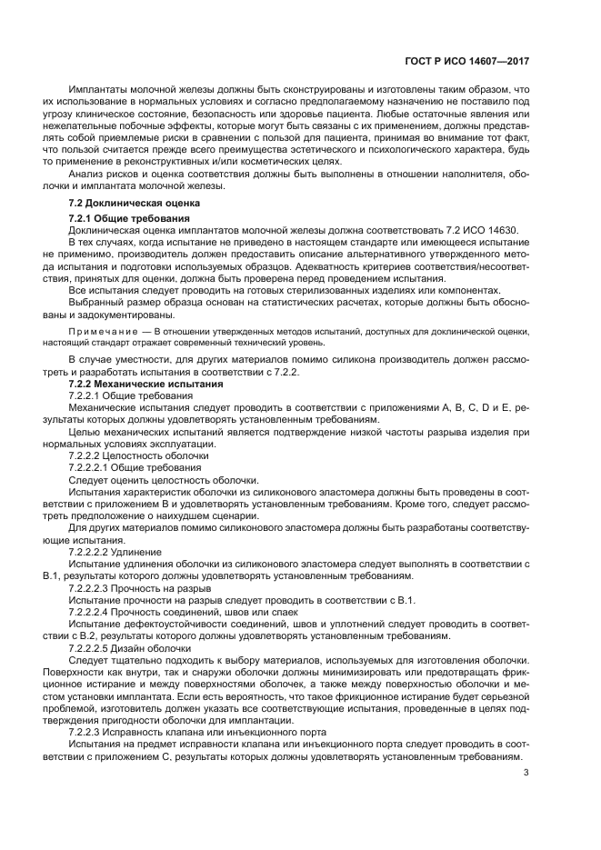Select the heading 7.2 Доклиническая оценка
(128, 202)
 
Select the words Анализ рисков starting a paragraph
(99, 173)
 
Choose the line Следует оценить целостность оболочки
(164, 479)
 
